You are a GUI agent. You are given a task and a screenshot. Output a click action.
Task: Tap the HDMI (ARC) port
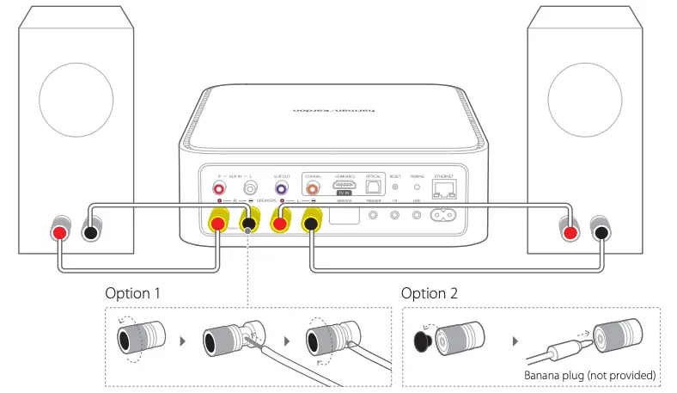tap(344, 187)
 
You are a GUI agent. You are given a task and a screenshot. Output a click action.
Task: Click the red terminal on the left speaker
tap(58, 233)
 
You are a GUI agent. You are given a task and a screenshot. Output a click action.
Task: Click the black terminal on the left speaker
tap(90, 233)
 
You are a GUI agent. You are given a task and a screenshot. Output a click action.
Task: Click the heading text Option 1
tap(133, 293)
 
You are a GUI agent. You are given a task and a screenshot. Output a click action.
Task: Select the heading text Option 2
tap(430, 293)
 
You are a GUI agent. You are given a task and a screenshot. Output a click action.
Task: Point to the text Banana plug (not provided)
tap(589, 375)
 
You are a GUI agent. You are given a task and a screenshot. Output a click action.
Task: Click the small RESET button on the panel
tap(394, 187)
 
